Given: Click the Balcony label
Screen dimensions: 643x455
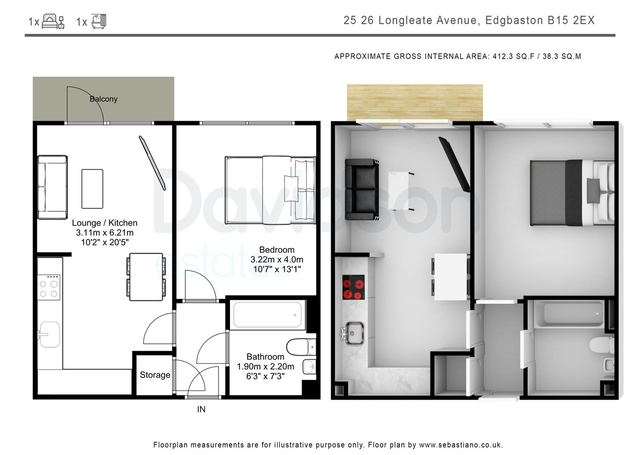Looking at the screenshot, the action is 103,99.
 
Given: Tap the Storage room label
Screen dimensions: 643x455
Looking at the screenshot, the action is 155,375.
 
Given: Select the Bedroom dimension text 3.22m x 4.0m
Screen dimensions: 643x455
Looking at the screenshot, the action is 276,260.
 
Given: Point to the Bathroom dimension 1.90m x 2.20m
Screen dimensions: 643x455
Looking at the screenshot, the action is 265,366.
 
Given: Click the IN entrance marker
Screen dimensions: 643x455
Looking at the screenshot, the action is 201,409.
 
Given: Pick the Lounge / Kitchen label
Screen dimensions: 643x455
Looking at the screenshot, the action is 104,223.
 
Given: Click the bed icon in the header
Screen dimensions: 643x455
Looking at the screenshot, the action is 53,21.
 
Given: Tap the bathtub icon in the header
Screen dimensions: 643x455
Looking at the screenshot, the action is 99,21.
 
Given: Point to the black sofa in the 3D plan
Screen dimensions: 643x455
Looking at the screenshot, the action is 362,189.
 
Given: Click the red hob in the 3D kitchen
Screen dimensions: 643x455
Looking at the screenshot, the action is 353,287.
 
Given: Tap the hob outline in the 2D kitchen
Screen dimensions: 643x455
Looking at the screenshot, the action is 49,288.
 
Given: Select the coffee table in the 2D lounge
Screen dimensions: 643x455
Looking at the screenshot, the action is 92,189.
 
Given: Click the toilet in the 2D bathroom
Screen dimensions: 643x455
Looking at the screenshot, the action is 301,347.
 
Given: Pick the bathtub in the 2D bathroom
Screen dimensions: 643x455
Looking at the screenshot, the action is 267,315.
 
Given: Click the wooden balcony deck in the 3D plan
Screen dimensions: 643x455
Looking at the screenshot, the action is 415,102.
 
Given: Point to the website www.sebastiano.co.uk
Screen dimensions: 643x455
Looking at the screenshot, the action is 460,445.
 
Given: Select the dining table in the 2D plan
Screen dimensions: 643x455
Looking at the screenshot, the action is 146,277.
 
